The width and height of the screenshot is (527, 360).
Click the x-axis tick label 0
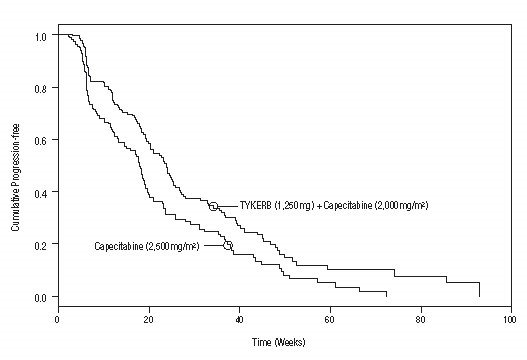(57, 320)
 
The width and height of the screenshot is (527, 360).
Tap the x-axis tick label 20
(148, 320)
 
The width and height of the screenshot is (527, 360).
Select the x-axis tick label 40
(239, 320)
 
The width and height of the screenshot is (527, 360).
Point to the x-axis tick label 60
(329, 320)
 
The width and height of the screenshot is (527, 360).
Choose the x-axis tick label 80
(420, 320)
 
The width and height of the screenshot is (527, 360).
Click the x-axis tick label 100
(510, 320)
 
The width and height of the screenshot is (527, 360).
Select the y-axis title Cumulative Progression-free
(16, 166)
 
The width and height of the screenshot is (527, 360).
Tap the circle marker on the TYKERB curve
(213, 205)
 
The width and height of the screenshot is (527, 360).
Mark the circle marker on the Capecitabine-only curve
(227, 244)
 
